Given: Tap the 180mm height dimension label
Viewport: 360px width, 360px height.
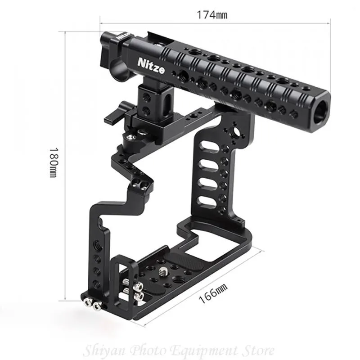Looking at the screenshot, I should point(54,162).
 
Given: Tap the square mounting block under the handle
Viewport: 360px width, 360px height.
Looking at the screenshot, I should point(149,102).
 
